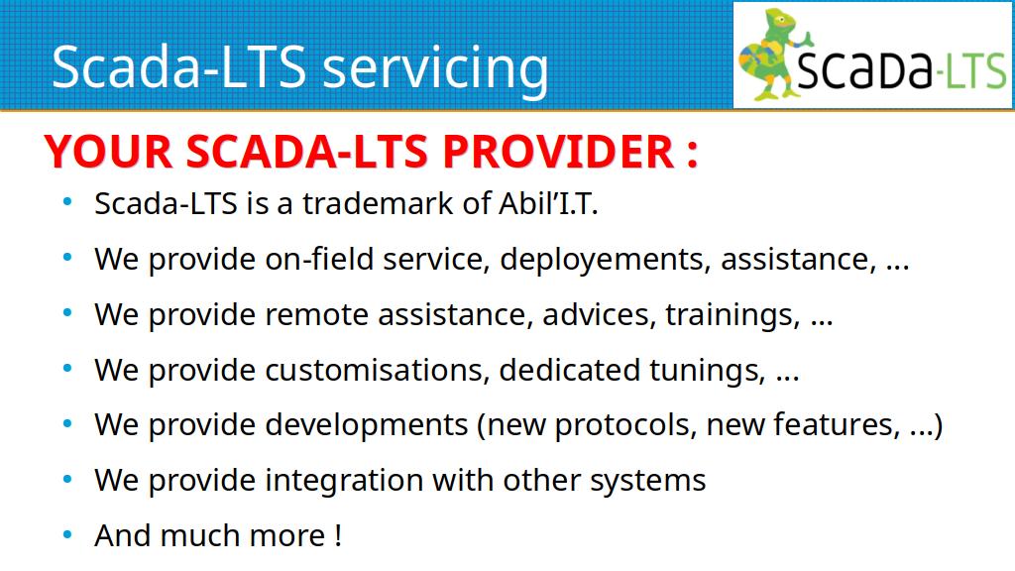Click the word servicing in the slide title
435,68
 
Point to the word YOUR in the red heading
108,152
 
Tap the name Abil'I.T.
548,203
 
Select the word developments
366,425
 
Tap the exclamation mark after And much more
339,535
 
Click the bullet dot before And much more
67,534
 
